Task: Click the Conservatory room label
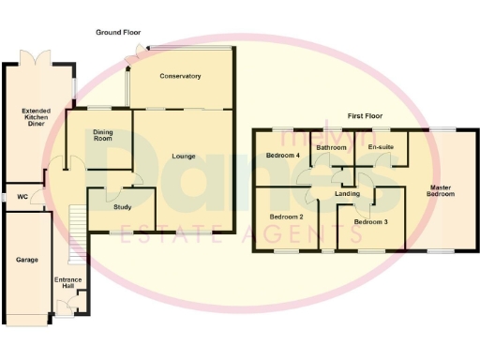[180, 76]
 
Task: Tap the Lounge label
[184, 156]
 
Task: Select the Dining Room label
[103, 138]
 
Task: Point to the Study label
[120, 207]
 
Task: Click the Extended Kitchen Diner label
[37, 116]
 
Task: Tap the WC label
[22, 197]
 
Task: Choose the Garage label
[26, 259]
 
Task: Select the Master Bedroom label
[441, 190]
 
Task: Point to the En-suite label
[379, 147]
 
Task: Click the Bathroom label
[332, 147]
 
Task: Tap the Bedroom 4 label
[283, 155]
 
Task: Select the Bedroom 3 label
[369, 222]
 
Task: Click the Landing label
[348, 194]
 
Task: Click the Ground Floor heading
[118, 32]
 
